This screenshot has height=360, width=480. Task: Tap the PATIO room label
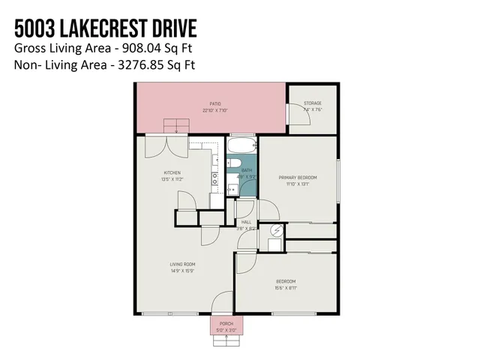(214, 104)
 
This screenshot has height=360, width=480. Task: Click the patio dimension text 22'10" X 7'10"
(214, 110)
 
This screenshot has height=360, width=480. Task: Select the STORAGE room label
(313, 103)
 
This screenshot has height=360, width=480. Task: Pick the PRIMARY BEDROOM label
(298, 177)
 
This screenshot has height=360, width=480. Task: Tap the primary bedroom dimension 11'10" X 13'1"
(298, 184)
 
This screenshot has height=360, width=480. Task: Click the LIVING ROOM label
(182, 264)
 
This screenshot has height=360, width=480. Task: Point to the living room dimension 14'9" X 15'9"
(182, 271)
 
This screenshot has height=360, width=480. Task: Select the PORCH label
(226, 323)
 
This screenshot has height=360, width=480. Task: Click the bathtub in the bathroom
(241, 145)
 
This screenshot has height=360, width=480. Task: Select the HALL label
(246, 222)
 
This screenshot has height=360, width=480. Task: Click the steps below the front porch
(226, 340)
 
